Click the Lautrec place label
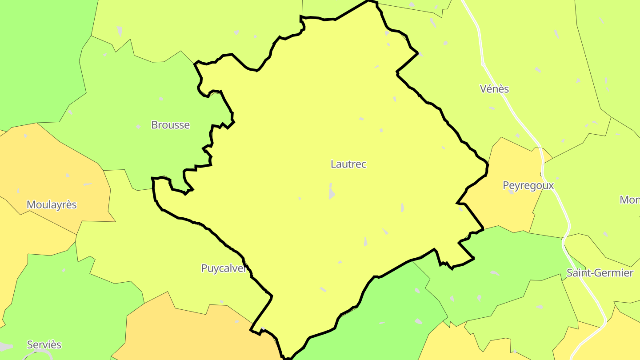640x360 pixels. pos(348,164)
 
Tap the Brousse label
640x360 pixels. pos(170,125)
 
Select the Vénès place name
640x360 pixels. pos(494,89)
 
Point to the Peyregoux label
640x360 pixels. pos(528,185)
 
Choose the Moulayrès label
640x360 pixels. pos(52,205)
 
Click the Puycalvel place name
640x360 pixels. pos(224,268)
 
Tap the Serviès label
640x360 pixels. pos(44,345)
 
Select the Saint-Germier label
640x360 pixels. pos(600,273)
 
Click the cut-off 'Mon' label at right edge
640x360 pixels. pos(630,200)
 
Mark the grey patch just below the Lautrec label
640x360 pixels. pos(332,193)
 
